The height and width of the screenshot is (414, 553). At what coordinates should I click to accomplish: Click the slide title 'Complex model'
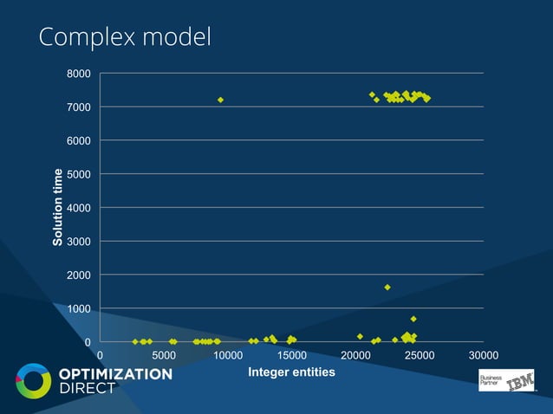tap(125, 38)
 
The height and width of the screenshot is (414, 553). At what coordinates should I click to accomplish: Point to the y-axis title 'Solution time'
tap(58, 207)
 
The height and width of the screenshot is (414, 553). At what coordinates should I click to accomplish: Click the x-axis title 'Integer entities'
tap(291, 372)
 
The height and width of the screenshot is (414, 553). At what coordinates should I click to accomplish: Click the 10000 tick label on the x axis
tap(227, 355)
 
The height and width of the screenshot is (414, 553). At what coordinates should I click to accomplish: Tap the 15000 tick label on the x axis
tap(291, 355)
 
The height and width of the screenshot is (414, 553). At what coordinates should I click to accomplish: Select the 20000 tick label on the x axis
tap(355, 355)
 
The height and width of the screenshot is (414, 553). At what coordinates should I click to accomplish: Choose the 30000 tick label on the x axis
tap(483, 355)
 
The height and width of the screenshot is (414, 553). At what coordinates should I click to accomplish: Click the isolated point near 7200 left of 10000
tap(221, 100)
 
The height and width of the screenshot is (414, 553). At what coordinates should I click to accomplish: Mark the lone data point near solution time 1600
tap(387, 288)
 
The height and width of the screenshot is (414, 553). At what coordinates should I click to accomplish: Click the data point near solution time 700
tap(413, 319)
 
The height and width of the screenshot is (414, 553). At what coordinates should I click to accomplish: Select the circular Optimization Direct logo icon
tap(34, 382)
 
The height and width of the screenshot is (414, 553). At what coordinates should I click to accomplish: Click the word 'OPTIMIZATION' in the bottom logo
tap(115, 374)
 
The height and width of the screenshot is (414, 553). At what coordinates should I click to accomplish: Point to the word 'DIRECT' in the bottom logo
tap(87, 389)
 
